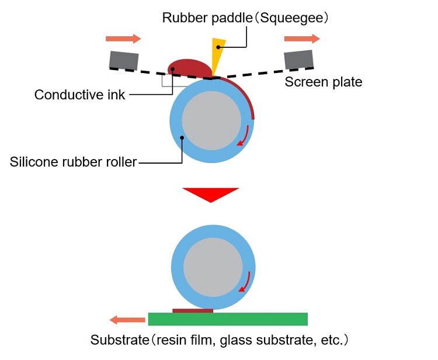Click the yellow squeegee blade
click(217, 54)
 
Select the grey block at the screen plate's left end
click(124, 60)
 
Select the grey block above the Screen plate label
click(298, 59)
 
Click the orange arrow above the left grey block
click(123, 39)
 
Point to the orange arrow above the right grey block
click(302, 39)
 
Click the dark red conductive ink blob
click(189, 68)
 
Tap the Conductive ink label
click(79, 95)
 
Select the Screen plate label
click(324, 82)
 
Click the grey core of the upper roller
click(211, 121)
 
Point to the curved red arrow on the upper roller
click(243, 136)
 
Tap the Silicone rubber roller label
click(73, 162)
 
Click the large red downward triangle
click(211, 195)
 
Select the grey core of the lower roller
click(213, 268)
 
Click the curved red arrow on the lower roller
click(244, 282)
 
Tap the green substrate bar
click(228, 319)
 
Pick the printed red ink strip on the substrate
click(193, 311)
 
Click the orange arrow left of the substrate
click(127, 320)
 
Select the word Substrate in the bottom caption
click(120, 340)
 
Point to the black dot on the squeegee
click(218, 47)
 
